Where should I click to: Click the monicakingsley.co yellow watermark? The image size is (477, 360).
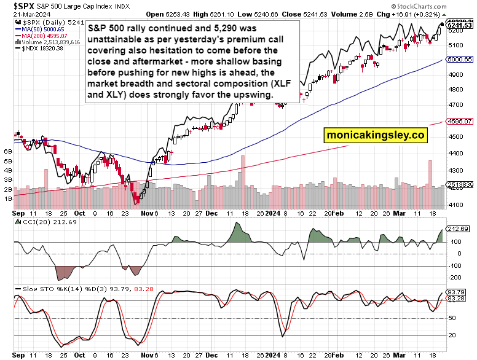[x=376, y=136]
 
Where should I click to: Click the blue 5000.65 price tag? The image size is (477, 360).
[x=459, y=60]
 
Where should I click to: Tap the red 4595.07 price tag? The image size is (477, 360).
[x=459, y=122]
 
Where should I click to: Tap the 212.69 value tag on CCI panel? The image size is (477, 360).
[x=458, y=229]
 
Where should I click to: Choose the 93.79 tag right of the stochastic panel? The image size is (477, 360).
[x=457, y=292]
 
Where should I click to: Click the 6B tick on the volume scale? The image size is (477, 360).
[x=8, y=151]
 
